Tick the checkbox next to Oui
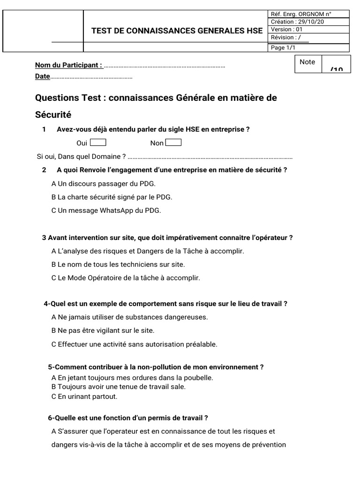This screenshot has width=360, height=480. (x=98, y=142)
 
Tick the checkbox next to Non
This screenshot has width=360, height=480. (x=173, y=142)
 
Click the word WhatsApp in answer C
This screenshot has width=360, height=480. (x=115, y=210)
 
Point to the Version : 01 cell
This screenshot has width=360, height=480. (x=287, y=30)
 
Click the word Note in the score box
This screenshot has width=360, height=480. (x=307, y=62)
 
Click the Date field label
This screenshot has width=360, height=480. (x=42, y=76)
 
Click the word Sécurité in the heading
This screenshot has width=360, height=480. (x=53, y=114)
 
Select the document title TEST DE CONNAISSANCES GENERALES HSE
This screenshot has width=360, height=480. (x=177, y=31)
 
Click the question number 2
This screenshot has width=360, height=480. (x=44, y=170)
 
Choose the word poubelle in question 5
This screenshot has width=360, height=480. (x=199, y=377)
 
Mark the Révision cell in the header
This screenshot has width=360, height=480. (x=284, y=37)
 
